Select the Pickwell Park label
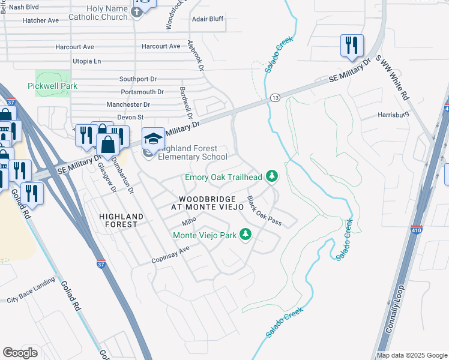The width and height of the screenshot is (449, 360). pos(52,86)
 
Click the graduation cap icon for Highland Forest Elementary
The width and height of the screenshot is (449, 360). pos(153,139)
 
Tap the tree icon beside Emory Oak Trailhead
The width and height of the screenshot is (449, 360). pos(273,176)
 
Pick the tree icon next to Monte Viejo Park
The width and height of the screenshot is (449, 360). pos(245,234)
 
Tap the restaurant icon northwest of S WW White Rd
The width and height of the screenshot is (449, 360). pos(351,46)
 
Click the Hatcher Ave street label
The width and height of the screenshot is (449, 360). pos(40,20)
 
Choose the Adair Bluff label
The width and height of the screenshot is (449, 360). pos(207,19)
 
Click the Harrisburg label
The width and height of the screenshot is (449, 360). pos(393,114)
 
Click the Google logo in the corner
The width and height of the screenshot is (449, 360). pos(20,353)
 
